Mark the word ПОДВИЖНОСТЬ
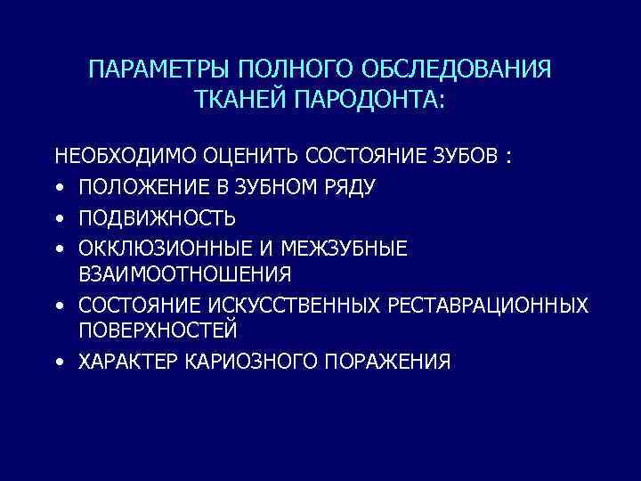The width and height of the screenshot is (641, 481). coord(157,218)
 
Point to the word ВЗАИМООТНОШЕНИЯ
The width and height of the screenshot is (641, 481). coord(184,273)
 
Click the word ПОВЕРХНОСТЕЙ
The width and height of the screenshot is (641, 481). coord(158,331)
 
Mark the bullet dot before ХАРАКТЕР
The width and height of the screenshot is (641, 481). coord(59,363)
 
